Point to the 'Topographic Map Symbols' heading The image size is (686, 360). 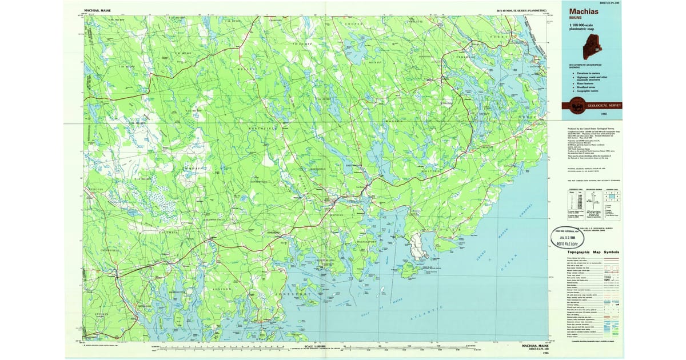[588, 252]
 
